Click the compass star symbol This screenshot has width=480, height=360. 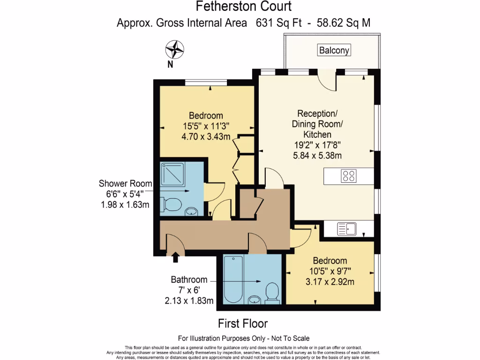coord(174,50)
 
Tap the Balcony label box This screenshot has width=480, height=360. coord(334,50)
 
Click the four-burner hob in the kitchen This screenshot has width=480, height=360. coord(349,176)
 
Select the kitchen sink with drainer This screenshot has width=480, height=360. coord(347,229)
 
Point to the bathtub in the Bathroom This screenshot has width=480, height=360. coord(233,279)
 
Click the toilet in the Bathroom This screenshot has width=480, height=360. coord(272,292)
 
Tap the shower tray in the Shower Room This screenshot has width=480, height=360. coord(172,174)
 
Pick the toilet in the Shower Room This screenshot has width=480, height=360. coord(171,204)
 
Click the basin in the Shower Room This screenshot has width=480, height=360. coord(192,211)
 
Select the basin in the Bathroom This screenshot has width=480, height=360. coord(255,300)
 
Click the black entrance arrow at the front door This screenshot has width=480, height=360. coord(175,257)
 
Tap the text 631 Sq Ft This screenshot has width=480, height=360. coord(278,23)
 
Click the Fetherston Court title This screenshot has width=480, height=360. coord(244,6)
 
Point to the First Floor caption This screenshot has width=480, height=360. coord(243,323)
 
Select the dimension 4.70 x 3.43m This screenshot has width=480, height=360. coord(206,136)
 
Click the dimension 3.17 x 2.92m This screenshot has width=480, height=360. coord(330,282)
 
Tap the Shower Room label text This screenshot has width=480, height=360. coord(125,183)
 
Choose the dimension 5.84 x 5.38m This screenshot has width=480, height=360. coord(317,156)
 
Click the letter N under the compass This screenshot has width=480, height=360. coord(170,64)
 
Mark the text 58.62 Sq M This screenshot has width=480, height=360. coord(344,23)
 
